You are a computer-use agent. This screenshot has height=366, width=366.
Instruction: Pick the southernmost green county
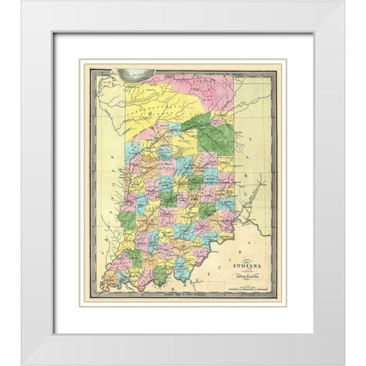[160, 274]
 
